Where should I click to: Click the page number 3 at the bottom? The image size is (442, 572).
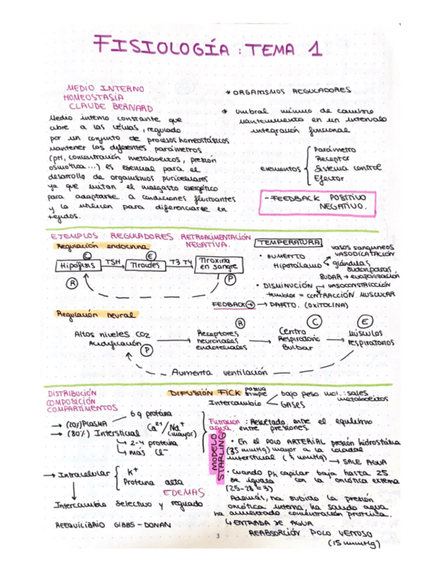coord(219,536)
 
